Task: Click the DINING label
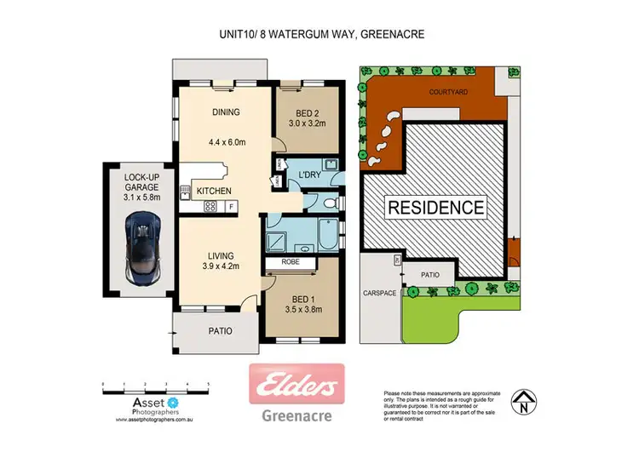(226, 112)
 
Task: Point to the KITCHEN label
(214, 192)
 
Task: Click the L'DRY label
(308, 175)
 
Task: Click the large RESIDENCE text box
(437, 207)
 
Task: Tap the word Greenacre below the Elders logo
(296, 416)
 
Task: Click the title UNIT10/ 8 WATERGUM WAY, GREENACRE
(319, 35)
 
